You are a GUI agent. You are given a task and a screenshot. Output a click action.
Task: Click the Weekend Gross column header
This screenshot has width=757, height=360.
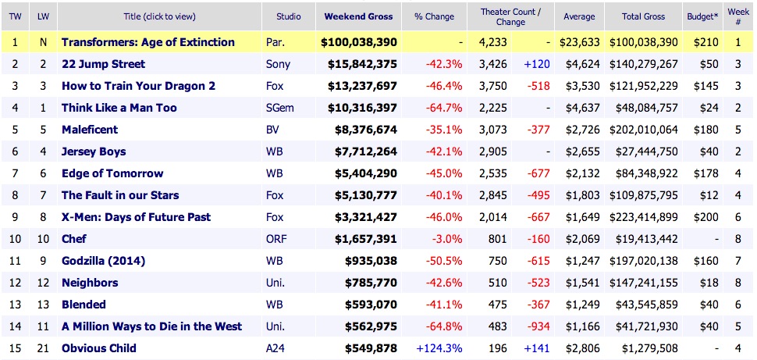358,16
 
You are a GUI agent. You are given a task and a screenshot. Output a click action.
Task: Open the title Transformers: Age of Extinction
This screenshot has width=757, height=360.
147,42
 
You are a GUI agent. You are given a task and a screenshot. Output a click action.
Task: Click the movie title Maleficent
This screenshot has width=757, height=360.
90,130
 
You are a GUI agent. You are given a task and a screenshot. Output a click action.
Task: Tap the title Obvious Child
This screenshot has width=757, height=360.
99,348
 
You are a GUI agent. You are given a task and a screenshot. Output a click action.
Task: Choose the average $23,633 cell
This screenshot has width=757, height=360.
579,42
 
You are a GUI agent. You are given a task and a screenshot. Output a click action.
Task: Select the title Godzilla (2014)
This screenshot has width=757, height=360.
103,261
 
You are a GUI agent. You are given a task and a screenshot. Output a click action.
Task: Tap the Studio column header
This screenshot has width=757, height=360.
289,16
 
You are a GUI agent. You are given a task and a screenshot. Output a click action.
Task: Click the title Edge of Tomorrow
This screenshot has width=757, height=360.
112,173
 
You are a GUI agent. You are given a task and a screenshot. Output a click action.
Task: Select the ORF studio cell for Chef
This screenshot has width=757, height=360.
277,239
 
